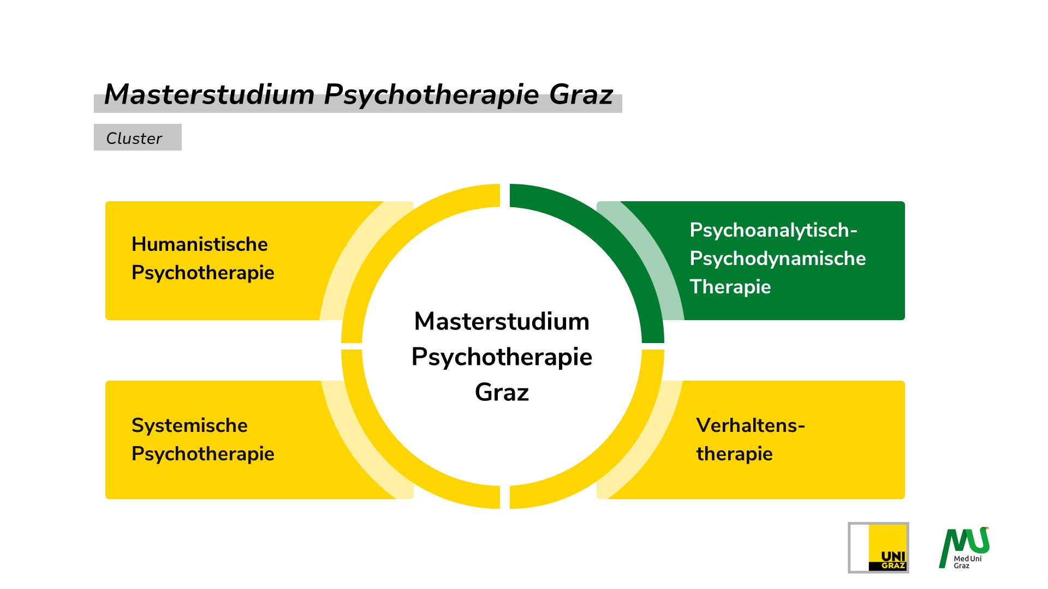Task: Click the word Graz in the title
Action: [x=581, y=94]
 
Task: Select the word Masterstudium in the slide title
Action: [x=209, y=94]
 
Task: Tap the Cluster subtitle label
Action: [x=134, y=138]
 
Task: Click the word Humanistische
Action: [x=200, y=244]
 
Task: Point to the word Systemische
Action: [x=189, y=425]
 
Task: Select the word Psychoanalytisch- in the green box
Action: [x=773, y=230]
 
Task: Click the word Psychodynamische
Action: [x=777, y=259]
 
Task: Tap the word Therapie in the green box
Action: [x=730, y=287]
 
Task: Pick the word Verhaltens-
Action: [x=751, y=425]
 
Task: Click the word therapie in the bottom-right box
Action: [x=734, y=454]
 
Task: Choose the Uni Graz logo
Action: [x=878, y=548]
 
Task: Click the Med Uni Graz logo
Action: [x=964, y=548]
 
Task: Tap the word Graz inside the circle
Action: [x=502, y=392]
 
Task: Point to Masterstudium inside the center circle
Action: [x=502, y=321]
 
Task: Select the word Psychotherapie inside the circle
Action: [x=502, y=357]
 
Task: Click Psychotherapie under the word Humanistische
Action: [x=203, y=273]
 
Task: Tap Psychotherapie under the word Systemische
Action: [x=203, y=454]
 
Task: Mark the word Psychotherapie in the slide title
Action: [x=431, y=94]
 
